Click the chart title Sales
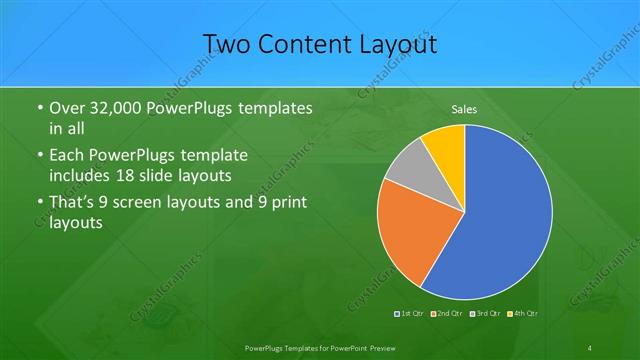click(x=463, y=108)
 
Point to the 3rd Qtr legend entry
click(x=486, y=314)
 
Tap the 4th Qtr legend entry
click(x=523, y=314)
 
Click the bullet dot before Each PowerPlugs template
click(x=38, y=156)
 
